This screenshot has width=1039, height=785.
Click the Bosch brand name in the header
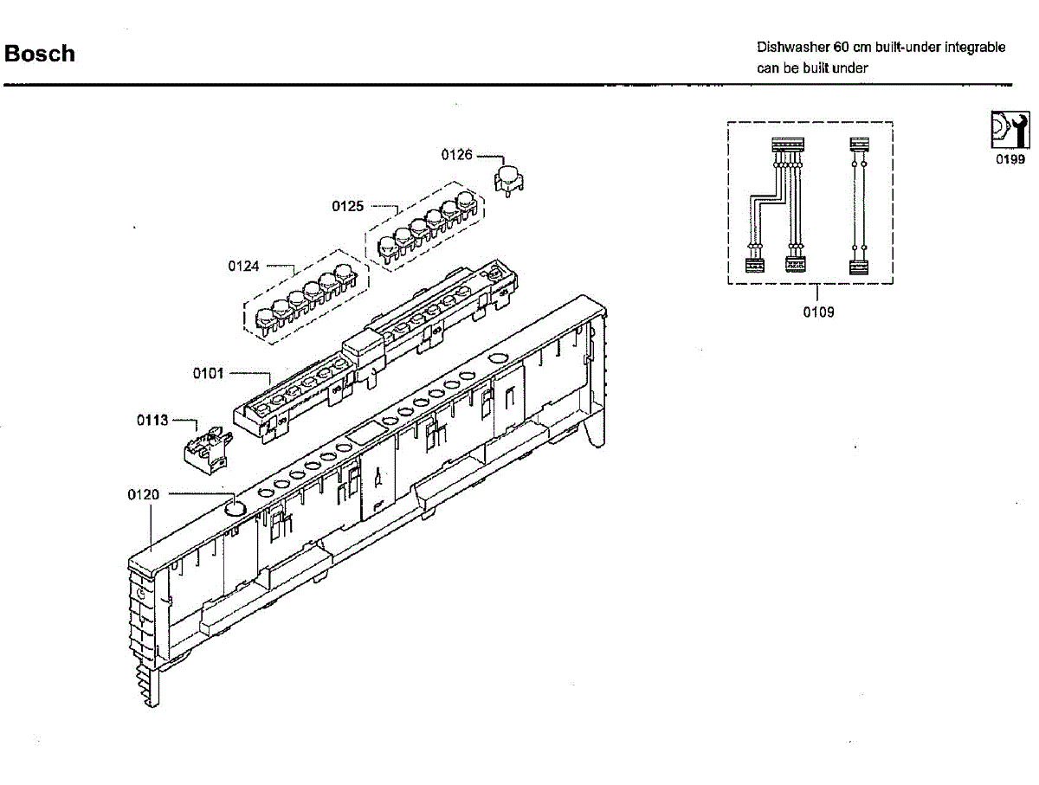[40, 54]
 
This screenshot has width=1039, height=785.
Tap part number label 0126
[456, 155]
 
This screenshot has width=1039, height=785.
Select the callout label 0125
[347, 206]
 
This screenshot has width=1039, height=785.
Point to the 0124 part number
[243, 266]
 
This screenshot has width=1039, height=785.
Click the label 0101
[208, 374]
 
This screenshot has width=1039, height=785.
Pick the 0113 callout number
[152, 421]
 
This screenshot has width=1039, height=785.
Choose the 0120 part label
[144, 494]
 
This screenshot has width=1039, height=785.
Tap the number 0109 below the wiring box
[818, 312]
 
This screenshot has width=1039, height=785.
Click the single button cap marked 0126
[509, 176]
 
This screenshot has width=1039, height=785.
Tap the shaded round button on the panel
[235, 507]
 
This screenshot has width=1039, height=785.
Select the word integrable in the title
[975, 48]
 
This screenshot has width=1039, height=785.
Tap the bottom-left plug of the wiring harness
[753, 265]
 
